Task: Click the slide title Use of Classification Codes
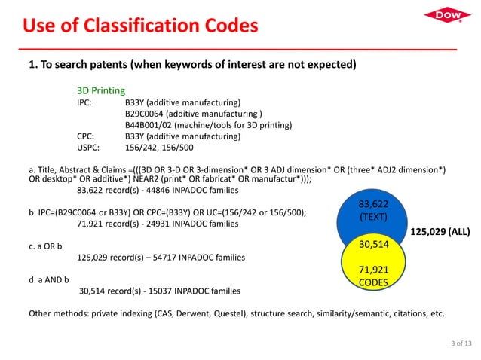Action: point(140,28)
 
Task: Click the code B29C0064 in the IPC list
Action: point(149,113)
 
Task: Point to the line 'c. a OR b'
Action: point(45,246)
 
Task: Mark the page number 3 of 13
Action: point(457,343)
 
